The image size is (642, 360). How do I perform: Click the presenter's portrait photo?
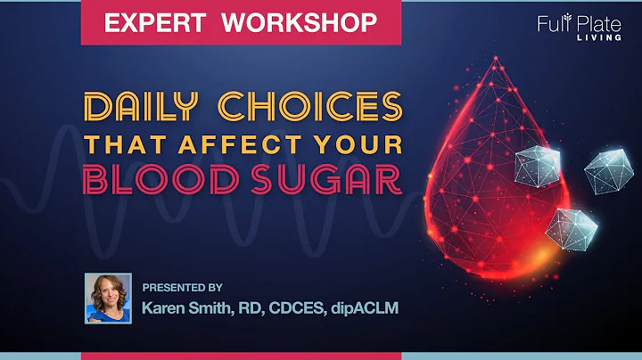108,299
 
